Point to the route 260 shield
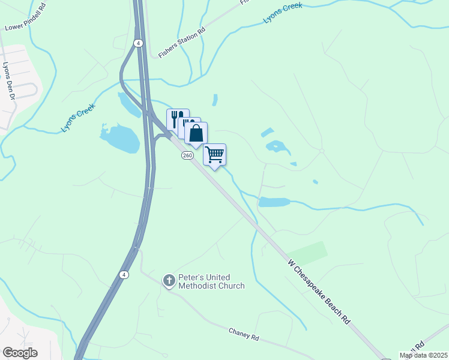tap(187, 155)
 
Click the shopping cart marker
tap(214, 155)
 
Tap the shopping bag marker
tap(196, 133)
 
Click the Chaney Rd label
tap(244, 334)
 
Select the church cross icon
tap(170, 280)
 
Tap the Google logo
tap(20, 353)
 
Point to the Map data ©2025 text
tap(423, 355)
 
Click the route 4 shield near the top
tap(139, 43)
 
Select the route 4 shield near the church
tap(123, 275)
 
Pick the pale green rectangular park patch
tap(307, 253)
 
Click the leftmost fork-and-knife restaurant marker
tap(177, 118)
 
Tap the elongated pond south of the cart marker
tap(274, 202)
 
